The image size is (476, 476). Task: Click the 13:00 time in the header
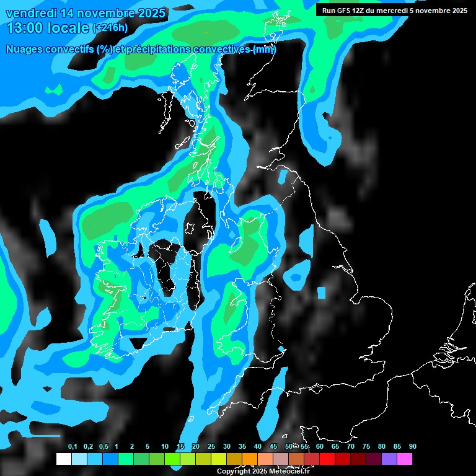[26, 27]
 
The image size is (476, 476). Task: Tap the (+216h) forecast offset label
[110, 28]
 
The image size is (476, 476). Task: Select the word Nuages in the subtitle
[24, 50]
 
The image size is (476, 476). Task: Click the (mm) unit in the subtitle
[265, 50]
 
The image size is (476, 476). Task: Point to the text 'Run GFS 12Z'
[344, 10]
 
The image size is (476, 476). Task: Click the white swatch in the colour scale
[63, 459]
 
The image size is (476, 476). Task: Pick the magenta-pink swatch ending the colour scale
[404, 459]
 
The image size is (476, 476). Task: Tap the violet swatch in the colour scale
[389, 459]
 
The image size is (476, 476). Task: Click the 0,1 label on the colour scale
[73, 446]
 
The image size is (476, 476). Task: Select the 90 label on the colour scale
[412, 446]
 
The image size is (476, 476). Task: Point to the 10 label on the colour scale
[164, 446]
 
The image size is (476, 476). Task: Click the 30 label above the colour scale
[226, 446]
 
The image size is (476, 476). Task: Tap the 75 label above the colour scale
[366, 446]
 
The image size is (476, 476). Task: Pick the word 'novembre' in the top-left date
[100, 13]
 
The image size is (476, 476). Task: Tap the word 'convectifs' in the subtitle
[70, 50]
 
